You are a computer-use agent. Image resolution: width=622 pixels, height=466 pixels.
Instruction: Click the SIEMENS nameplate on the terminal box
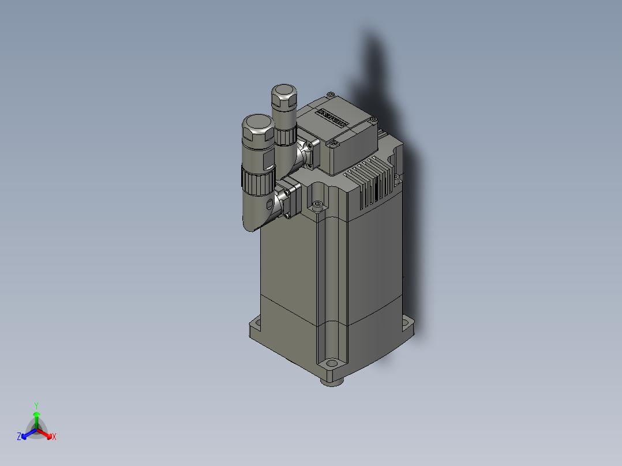tap(333, 118)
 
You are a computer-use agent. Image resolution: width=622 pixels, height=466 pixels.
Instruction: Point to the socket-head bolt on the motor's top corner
tap(316, 205)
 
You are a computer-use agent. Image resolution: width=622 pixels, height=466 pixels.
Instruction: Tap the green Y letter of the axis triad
tap(36, 405)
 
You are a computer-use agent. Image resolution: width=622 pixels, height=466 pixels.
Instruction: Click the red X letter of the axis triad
tap(54, 437)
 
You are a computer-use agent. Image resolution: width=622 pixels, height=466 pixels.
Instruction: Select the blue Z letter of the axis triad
tap(19, 437)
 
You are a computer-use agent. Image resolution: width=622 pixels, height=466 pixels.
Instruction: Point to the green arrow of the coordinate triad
tap(36, 418)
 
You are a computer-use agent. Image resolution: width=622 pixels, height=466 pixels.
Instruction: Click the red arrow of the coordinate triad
tap(46, 433)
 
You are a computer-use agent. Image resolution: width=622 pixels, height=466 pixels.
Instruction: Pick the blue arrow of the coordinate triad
tap(27, 433)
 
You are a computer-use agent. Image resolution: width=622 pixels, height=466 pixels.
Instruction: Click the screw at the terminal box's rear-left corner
tap(330, 94)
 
